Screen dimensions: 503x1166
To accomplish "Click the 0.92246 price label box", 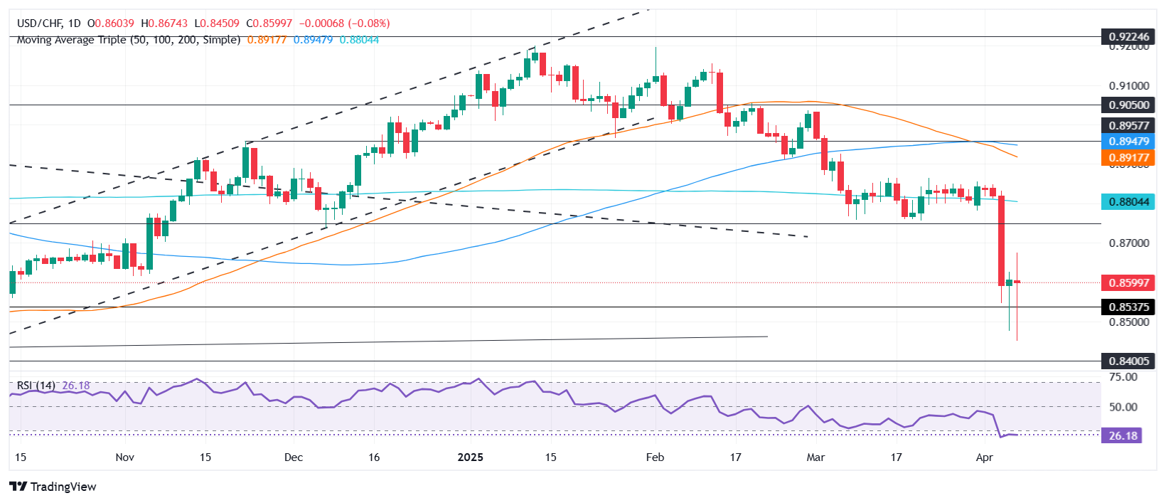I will pyautogui.click(x=1128, y=37).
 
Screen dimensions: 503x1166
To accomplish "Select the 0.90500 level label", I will pyautogui.click(x=1128, y=105).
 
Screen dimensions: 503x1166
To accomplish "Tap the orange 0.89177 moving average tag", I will pyautogui.click(x=1128, y=157).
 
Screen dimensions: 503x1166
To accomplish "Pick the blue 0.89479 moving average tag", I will pyautogui.click(x=1128, y=142).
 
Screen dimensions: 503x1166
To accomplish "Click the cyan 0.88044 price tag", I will pyautogui.click(x=1128, y=201).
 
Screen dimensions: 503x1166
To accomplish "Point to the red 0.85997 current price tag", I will pyautogui.click(x=1128, y=282).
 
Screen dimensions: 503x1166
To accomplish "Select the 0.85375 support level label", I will pyautogui.click(x=1128, y=307).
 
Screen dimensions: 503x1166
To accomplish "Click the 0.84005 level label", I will pyautogui.click(x=1128, y=361).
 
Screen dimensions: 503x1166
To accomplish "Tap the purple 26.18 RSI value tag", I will pyautogui.click(x=1121, y=435).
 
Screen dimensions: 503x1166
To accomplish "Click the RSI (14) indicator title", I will pyautogui.click(x=36, y=386).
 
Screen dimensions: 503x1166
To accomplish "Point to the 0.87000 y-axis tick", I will pyautogui.click(x=1129, y=243).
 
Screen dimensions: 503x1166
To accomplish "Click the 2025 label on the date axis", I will pyautogui.click(x=470, y=457).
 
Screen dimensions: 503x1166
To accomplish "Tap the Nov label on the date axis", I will pyautogui.click(x=124, y=457).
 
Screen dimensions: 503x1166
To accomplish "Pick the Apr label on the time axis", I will pyautogui.click(x=984, y=457).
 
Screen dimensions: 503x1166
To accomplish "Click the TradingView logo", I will pyautogui.click(x=53, y=487).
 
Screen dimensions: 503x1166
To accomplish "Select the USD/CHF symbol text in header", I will pyautogui.click(x=39, y=23).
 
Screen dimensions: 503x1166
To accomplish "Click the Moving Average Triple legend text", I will pyautogui.click(x=128, y=40).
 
